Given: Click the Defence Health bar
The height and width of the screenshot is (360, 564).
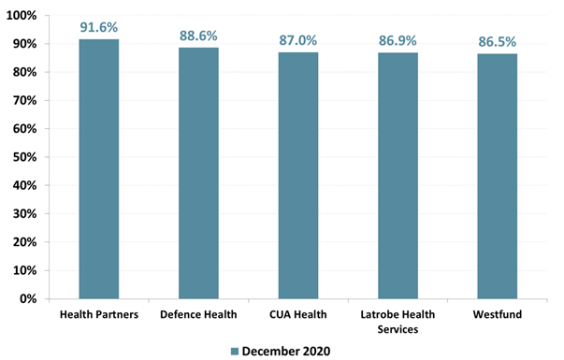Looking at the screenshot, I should [198, 173].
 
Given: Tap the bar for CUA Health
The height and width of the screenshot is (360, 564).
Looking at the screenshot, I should [297, 175].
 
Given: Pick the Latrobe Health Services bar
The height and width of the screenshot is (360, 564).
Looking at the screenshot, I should [398, 175].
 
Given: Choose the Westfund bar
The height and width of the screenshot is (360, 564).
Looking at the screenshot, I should [498, 176].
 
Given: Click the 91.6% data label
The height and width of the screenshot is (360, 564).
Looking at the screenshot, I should [98, 26].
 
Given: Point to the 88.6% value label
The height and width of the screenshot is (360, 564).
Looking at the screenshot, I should [198, 36].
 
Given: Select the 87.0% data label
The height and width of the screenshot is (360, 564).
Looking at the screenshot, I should [297, 40].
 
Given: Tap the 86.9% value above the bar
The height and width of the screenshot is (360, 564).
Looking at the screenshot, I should [398, 40].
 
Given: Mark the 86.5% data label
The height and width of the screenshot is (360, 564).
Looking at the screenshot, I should [498, 41].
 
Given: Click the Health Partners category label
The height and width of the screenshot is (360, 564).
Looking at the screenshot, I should [98, 314].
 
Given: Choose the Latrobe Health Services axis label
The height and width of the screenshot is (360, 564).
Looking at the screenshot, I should [398, 321].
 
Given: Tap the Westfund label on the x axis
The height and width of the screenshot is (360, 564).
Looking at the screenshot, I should [498, 314].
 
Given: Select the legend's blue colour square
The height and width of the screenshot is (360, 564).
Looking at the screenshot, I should [236, 350].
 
